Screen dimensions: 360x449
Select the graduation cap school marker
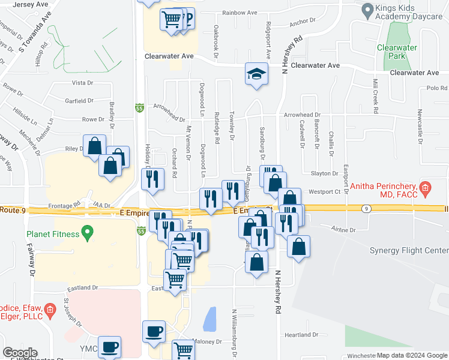[256, 76]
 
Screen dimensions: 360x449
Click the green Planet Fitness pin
[88, 231]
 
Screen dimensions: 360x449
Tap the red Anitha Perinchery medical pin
[425, 188]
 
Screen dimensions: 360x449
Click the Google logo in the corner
[20, 352]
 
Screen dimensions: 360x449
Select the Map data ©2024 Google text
[412, 356]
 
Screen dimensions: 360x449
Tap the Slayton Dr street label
[325, 173]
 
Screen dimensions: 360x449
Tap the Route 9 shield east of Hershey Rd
[366, 208]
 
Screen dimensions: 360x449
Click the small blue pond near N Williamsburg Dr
[210, 319]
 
